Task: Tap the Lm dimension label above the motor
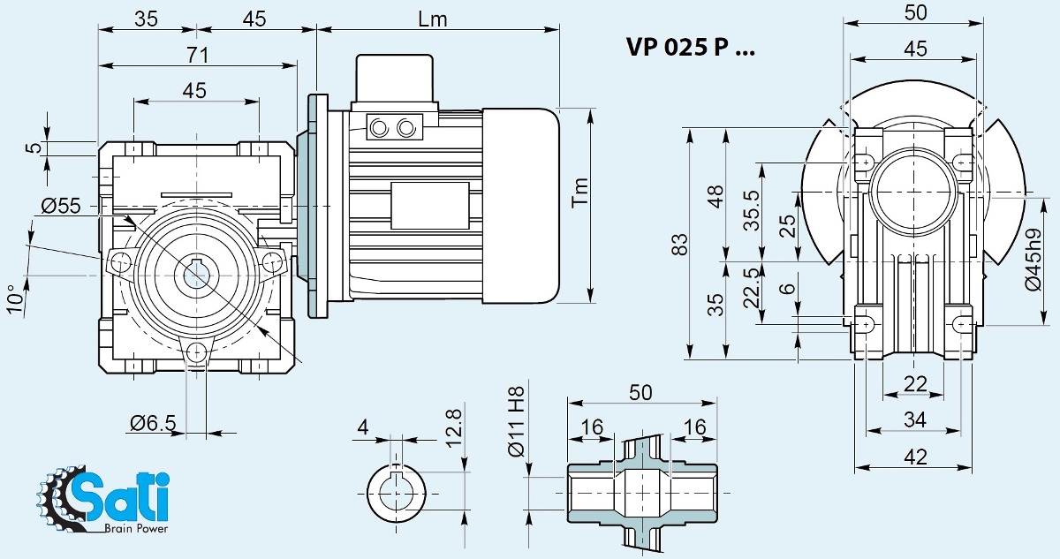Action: coord(433,19)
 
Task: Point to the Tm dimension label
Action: coord(579,192)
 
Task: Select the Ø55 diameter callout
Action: coord(61,206)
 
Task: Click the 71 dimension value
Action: coord(196,55)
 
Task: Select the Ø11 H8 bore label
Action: coord(519,422)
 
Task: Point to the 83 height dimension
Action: coord(679,244)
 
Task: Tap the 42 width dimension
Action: coord(916,457)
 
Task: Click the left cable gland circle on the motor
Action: coord(380,128)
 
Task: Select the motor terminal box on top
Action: coord(394,79)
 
